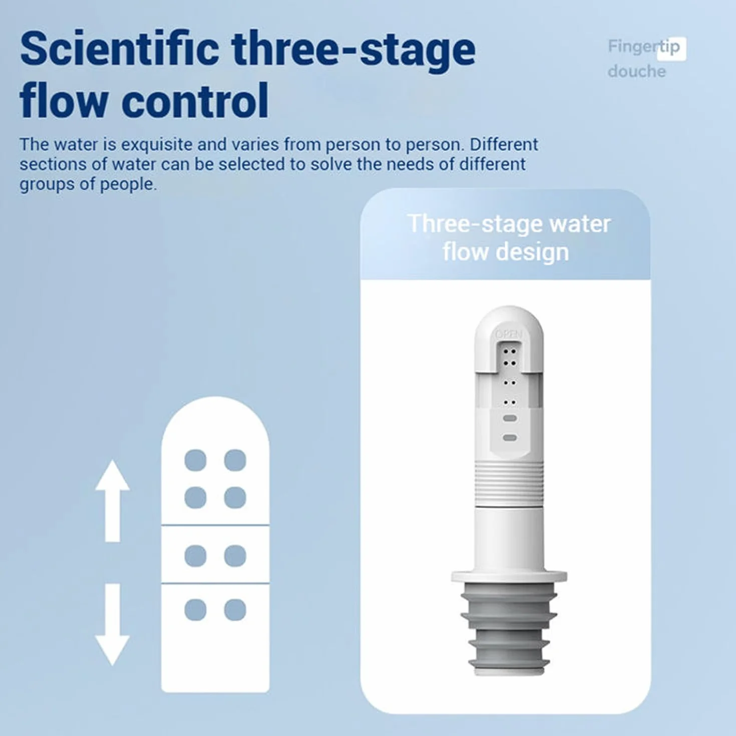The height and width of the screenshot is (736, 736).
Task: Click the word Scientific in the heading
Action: (x=119, y=50)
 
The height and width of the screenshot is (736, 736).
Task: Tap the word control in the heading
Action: (x=197, y=101)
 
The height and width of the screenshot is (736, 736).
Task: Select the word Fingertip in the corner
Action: (x=644, y=48)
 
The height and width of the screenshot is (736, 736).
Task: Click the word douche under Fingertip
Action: (x=637, y=72)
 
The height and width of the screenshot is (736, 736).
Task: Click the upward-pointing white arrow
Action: (x=112, y=501)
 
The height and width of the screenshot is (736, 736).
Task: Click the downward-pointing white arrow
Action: (x=112, y=624)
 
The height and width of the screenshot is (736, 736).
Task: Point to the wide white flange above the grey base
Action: (x=509, y=576)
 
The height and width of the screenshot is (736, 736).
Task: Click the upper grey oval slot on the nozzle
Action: (x=510, y=419)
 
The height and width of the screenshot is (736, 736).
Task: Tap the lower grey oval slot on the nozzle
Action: (x=510, y=438)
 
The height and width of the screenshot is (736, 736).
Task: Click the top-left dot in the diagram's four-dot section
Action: (x=196, y=460)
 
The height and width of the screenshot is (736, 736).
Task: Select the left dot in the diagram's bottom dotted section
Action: (x=196, y=609)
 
